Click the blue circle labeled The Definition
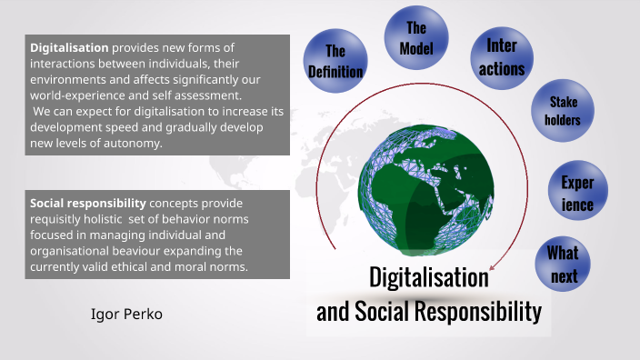point(335,61)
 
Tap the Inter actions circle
point(505,57)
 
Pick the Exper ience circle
point(577,192)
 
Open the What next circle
point(564,263)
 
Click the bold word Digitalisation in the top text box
point(69,47)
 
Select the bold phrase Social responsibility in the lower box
point(87,203)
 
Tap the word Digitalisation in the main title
point(429,277)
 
